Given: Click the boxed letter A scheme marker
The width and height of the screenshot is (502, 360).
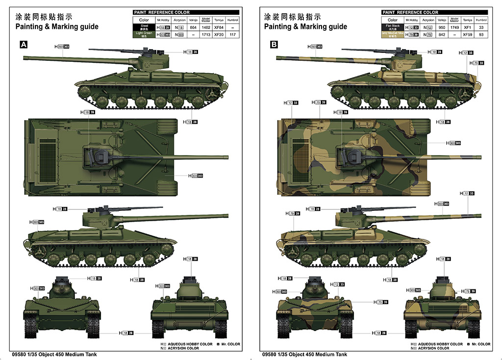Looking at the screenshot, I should [23, 45].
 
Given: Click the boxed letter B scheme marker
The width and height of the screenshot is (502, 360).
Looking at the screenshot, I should [274, 45].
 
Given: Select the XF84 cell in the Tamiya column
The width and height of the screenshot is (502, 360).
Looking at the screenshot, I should [219, 27].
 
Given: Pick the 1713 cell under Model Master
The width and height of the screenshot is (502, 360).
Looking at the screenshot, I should [205, 35].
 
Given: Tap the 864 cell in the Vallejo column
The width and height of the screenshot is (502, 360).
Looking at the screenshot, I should [193, 27].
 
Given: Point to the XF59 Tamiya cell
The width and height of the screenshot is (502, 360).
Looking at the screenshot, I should [467, 35].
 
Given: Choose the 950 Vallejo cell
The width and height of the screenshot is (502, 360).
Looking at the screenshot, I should [442, 27].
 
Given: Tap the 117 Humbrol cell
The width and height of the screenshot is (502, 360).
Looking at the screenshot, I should [232, 35].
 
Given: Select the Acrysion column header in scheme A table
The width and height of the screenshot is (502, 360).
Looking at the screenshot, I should [179, 20].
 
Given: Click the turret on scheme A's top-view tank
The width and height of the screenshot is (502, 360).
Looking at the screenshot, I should [98, 156].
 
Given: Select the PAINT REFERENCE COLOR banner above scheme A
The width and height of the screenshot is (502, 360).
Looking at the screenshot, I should [161, 12].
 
